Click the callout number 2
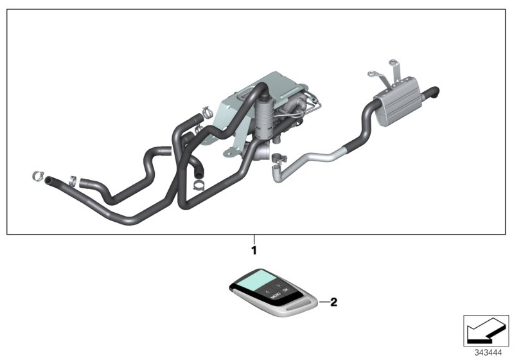click(333, 301)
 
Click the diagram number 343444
click(488, 352)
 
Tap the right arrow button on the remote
click(278, 283)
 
